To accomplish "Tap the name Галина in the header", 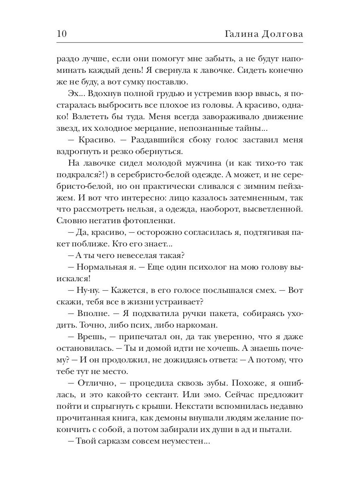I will click(x=239, y=34).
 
